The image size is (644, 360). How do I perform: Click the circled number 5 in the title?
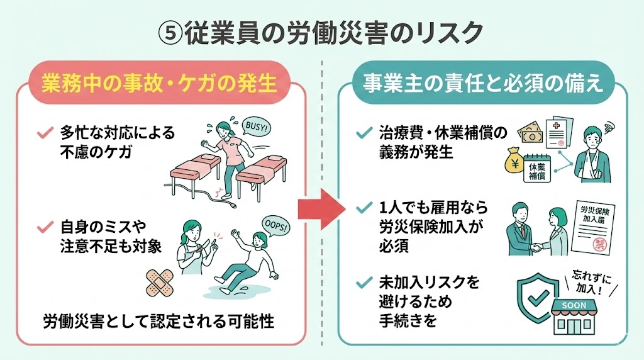coord(172,32)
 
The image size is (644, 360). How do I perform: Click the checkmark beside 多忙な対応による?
coord(45,133)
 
